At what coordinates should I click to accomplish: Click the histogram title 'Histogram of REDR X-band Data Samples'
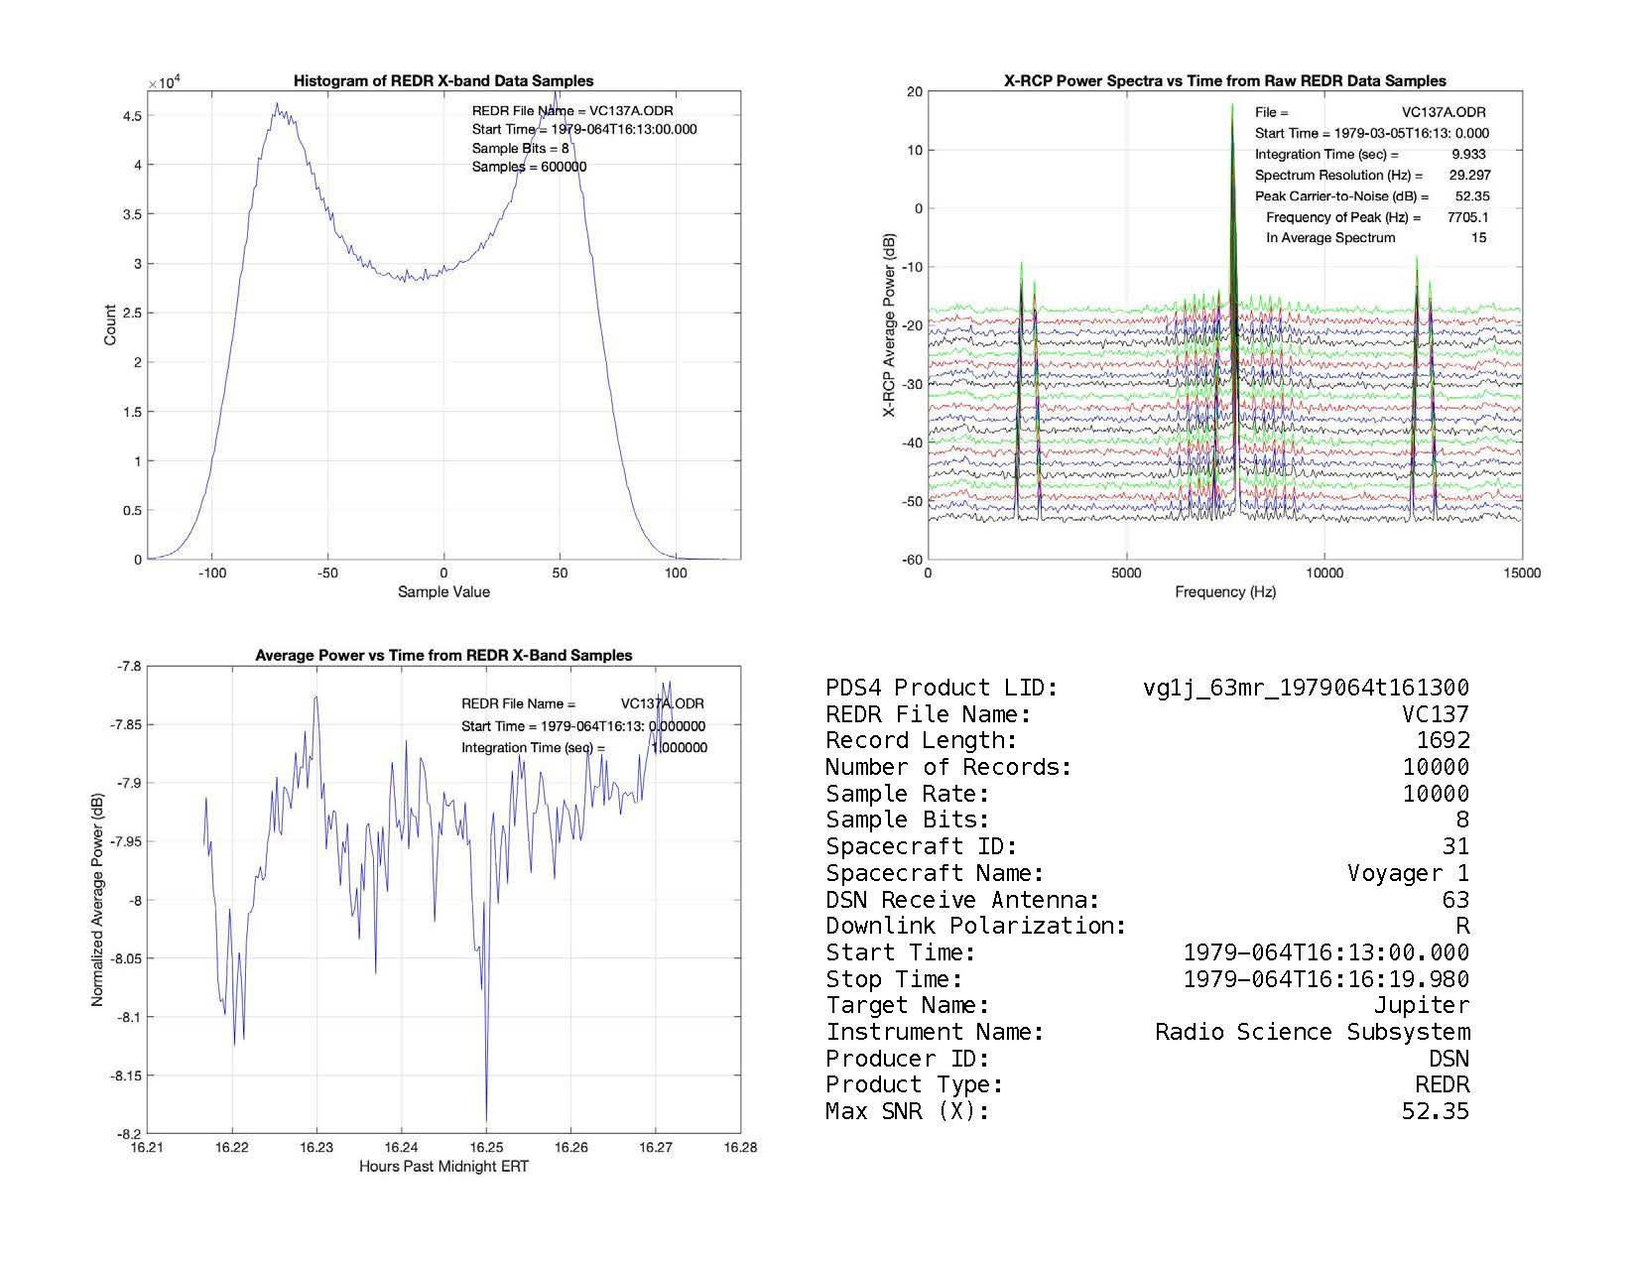(443, 81)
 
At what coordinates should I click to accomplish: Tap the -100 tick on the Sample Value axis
(211, 572)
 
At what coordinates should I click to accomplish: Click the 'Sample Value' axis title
(443, 592)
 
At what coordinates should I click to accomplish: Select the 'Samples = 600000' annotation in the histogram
(529, 167)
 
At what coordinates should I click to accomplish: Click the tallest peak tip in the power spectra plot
(1232, 104)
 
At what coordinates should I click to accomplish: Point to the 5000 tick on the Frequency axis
(1126, 572)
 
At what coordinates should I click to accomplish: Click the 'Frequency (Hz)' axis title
(1225, 592)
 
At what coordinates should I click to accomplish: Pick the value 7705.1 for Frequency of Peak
(1467, 217)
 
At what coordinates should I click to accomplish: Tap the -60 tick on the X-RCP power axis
(910, 561)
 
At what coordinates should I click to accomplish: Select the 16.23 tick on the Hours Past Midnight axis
(316, 1147)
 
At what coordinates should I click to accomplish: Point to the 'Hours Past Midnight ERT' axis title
(443, 1167)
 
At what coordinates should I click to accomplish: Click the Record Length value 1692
(1443, 741)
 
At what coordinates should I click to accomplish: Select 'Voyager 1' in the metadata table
(1408, 873)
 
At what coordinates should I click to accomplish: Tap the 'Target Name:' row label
(907, 1006)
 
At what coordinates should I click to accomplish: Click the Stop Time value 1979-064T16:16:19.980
(1325, 979)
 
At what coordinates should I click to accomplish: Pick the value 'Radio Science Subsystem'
(1312, 1033)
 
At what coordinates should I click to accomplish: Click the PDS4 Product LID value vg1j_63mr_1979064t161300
(1306, 688)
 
